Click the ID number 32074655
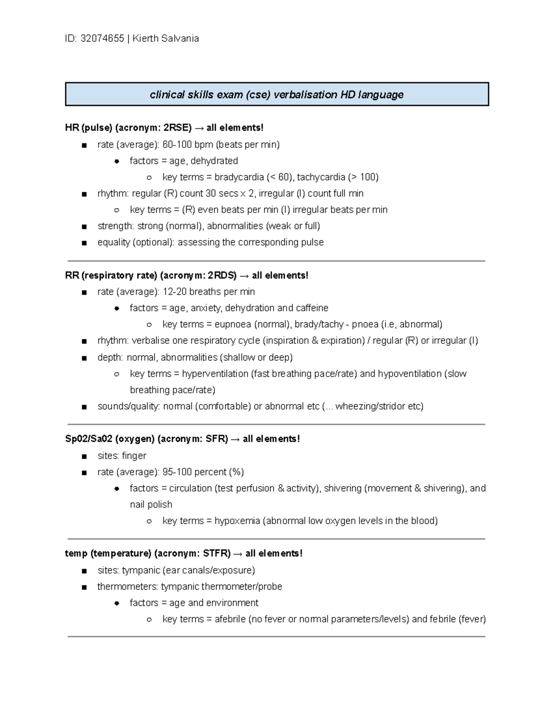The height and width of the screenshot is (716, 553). pyautogui.click(x=102, y=39)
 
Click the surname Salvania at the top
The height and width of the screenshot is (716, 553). pyautogui.click(x=180, y=39)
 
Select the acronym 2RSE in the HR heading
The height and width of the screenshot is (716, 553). pyautogui.click(x=177, y=128)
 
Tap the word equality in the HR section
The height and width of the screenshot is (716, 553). pyautogui.click(x=114, y=243)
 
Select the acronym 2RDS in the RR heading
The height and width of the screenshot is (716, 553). pyautogui.click(x=222, y=276)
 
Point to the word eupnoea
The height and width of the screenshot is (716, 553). pyautogui.click(x=233, y=325)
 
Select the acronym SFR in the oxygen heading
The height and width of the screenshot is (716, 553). pyautogui.click(x=217, y=439)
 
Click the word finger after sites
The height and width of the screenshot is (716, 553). pyautogui.click(x=134, y=456)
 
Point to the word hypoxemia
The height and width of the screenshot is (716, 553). pyautogui.click(x=237, y=521)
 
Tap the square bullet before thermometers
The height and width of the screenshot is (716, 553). pyautogui.click(x=84, y=587)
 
